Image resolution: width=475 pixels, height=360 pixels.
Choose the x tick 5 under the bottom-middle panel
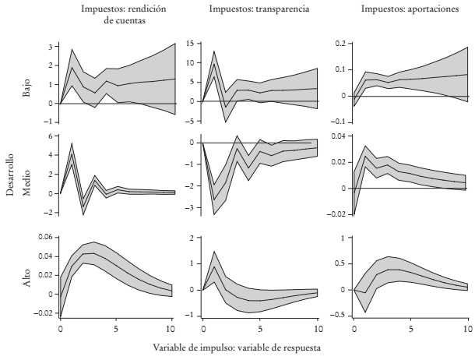coord(259,329)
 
